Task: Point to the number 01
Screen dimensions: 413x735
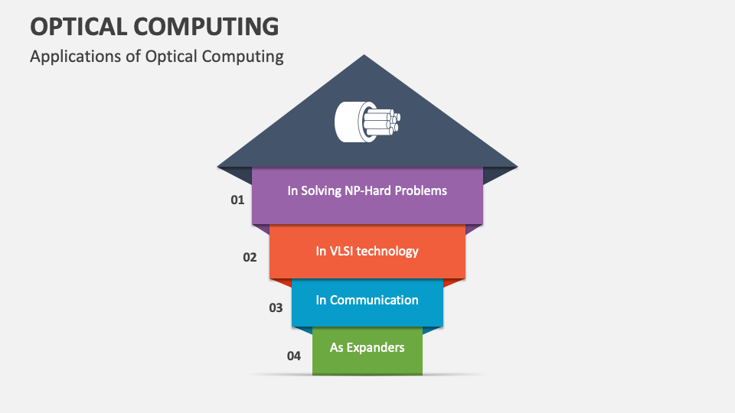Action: pos(237,200)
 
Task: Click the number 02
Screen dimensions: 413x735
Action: pos(250,257)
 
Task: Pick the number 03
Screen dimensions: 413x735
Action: pos(276,307)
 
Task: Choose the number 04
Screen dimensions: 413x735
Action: pos(294,356)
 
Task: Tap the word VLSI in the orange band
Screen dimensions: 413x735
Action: pos(345,250)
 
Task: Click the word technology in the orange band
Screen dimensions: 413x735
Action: pos(390,251)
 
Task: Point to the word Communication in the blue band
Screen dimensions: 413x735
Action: pos(374,300)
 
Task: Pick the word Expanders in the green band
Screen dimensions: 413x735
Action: pos(376,347)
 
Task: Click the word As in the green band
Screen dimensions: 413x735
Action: pos(337,347)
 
